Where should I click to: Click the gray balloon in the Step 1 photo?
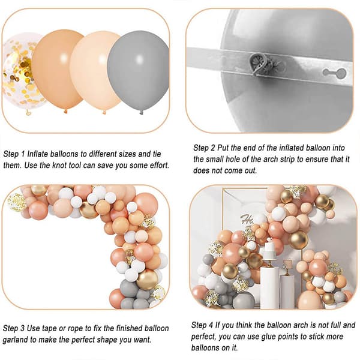click(138, 71)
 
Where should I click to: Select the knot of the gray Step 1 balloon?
click(141, 112)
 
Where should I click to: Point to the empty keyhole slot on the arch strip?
click(334, 73)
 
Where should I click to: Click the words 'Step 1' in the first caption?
click(14, 154)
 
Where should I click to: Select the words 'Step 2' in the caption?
click(204, 148)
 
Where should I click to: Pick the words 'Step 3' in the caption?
click(14, 328)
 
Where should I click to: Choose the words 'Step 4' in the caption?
click(202, 325)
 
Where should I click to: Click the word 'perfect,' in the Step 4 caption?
click(203, 337)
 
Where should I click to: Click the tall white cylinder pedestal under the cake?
click(269, 287)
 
